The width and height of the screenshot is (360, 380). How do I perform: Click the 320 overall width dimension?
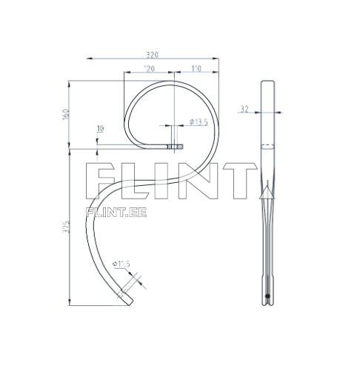(153, 54)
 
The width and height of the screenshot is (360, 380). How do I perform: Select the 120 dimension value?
(148, 69)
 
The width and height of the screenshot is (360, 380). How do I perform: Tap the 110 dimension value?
(196, 69)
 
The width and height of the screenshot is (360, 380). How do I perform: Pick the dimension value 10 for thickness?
(100, 129)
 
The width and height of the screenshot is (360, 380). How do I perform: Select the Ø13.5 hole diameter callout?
(199, 121)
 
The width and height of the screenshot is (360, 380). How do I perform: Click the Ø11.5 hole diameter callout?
(121, 263)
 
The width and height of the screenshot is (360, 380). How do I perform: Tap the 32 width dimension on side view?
(244, 110)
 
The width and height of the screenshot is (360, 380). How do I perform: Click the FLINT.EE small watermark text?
(116, 212)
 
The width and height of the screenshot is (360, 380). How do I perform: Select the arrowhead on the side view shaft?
(266, 193)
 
